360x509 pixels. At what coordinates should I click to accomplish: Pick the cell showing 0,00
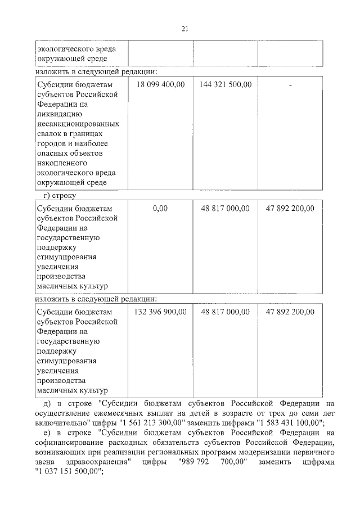[160, 208]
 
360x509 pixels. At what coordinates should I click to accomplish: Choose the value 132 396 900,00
[160, 312]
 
